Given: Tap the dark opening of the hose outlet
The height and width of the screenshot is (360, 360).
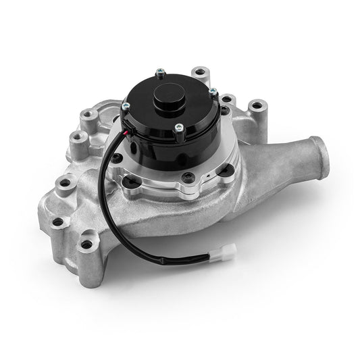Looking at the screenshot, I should [x=315, y=146].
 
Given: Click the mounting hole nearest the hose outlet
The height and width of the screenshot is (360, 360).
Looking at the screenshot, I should [x=257, y=107].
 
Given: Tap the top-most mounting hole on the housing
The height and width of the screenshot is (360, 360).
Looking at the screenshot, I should [x=199, y=71].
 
